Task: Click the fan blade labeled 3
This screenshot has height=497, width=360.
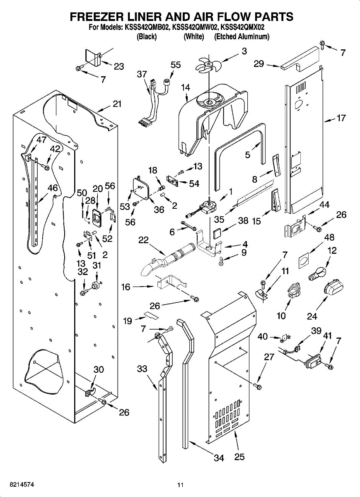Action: point(209,64)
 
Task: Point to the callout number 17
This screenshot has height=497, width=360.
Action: point(341,118)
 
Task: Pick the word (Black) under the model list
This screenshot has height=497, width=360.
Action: point(147,36)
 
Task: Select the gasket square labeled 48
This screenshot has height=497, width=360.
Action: point(303,260)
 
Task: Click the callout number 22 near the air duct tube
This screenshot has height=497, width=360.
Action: point(143,240)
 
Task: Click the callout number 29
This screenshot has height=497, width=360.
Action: point(259,64)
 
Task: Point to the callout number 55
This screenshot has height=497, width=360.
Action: point(176,65)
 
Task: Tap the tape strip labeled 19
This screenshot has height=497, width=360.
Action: point(151,315)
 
